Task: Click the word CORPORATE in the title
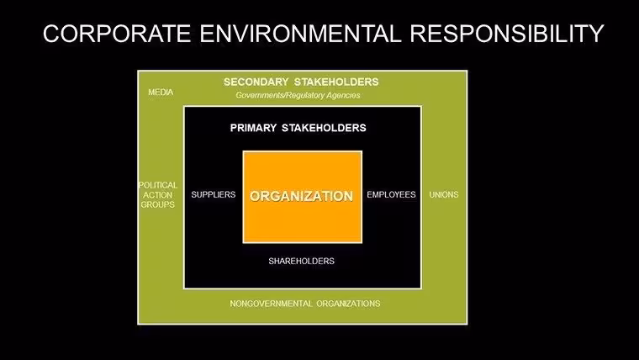click(x=117, y=33)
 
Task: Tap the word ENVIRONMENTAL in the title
click(x=300, y=33)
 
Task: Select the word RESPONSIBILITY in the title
click(x=506, y=33)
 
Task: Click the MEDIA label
click(x=161, y=93)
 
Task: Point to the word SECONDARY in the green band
click(x=256, y=82)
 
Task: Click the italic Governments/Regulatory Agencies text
click(x=298, y=95)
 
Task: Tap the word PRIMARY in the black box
click(x=253, y=128)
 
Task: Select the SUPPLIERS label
click(x=213, y=194)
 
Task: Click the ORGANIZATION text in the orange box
click(x=302, y=196)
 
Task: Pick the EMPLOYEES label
click(x=391, y=194)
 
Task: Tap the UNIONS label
click(x=444, y=194)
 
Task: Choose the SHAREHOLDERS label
click(x=302, y=261)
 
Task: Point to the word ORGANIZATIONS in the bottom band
click(x=348, y=304)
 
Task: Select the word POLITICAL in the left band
click(x=158, y=185)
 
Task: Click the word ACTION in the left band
click(x=158, y=195)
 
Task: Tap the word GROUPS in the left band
click(x=158, y=204)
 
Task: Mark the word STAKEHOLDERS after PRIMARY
click(x=324, y=128)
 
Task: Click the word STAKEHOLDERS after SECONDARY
click(x=336, y=82)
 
